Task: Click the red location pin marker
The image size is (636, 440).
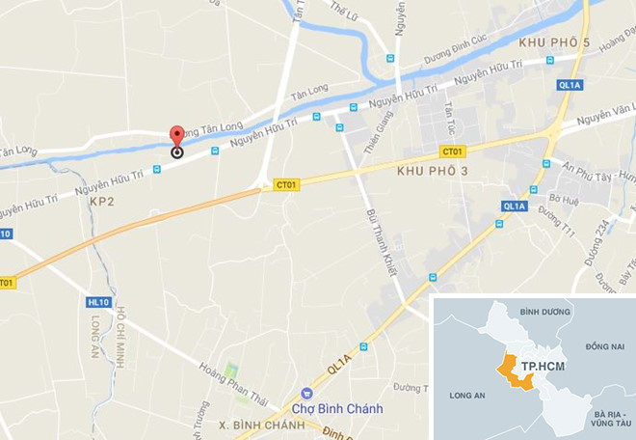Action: (x=176, y=136)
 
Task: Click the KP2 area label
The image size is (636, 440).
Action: (x=102, y=203)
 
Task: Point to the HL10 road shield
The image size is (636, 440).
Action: (x=97, y=302)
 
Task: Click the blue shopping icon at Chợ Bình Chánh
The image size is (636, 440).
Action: (x=306, y=394)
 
